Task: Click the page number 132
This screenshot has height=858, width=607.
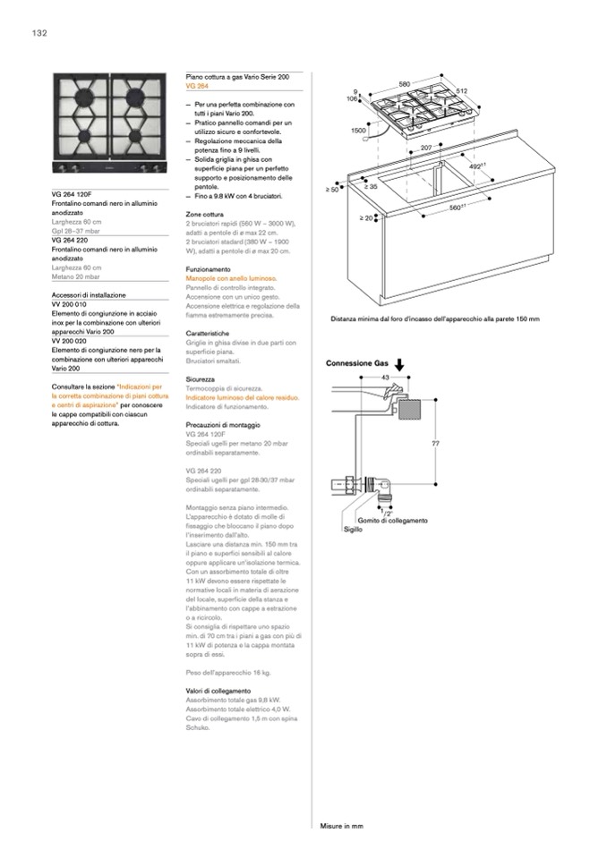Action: (38, 33)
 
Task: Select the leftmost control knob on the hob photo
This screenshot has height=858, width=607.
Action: (63, 168)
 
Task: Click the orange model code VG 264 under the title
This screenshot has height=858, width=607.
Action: (197, 88)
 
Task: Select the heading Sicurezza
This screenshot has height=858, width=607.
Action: (201, 380)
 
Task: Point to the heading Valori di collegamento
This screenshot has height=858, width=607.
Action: (218, 692)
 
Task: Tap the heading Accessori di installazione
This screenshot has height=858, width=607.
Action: (89, 294)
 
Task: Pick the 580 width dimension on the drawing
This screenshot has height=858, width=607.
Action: (405, 84)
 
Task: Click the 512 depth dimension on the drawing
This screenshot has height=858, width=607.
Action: (461, 91)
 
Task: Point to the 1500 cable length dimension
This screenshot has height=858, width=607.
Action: (358, 131)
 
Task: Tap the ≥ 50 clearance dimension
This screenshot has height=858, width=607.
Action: (333, 190)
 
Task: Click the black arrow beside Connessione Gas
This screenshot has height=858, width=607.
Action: (399, 363)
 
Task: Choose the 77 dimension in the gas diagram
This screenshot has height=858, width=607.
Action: (435, 444)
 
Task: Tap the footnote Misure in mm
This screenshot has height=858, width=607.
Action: (341, 826)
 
